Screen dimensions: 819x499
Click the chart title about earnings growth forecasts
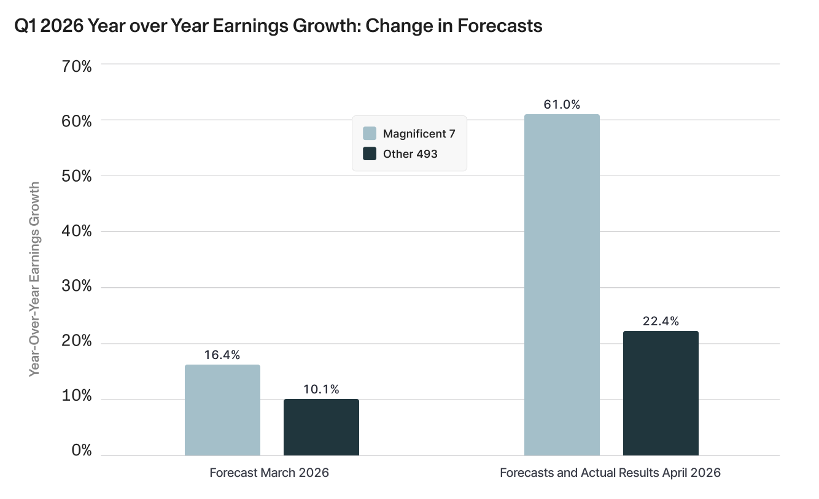[278, 26]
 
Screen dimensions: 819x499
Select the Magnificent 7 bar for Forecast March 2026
[222, 410]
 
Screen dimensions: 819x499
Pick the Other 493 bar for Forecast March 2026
[321, 427]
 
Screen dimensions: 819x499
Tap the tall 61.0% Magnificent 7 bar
[562, 285]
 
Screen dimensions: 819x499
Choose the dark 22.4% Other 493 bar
[661, 393]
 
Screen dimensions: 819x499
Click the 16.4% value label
[222, 355]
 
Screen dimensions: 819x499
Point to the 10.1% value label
[321, 389]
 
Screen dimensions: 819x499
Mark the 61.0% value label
[562, 104]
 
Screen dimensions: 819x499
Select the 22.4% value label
[661, 321]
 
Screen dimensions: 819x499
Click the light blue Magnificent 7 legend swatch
[370, 133]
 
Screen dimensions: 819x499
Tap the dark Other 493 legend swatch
[370, 153]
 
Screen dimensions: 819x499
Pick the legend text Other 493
[410, 154]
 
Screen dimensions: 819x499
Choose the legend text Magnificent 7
[419, 134]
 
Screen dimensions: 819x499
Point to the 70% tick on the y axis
[77, 66]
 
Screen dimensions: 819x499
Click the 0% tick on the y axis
[82, 451]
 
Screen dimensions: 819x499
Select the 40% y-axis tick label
[77, 231]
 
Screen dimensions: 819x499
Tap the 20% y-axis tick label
[77, 341]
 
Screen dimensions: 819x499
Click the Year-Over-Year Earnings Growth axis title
[34, 279]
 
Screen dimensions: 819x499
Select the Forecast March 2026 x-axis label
[269, 473]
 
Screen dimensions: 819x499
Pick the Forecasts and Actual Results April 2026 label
[610, 473]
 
